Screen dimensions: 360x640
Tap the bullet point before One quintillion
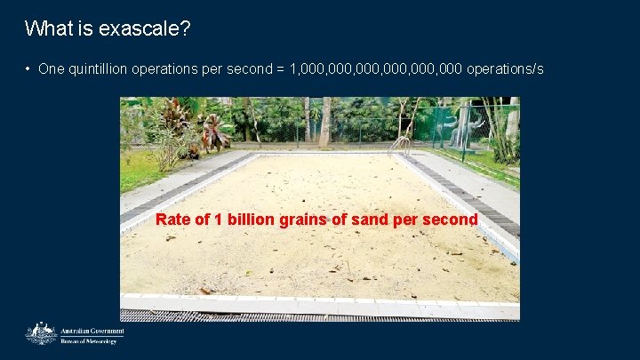coord(28,69)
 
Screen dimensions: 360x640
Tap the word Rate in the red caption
coord(172,220)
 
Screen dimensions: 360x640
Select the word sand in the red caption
coord(368,220)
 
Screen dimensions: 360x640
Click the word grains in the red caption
coord(302,220)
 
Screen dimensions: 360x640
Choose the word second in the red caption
coord(451,220)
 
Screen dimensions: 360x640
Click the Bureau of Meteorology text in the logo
coord(88,340)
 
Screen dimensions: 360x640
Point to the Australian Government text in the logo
coord(92,331)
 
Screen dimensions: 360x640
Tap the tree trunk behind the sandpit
coord(325,121)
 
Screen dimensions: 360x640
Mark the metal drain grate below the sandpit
coord(320,315)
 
